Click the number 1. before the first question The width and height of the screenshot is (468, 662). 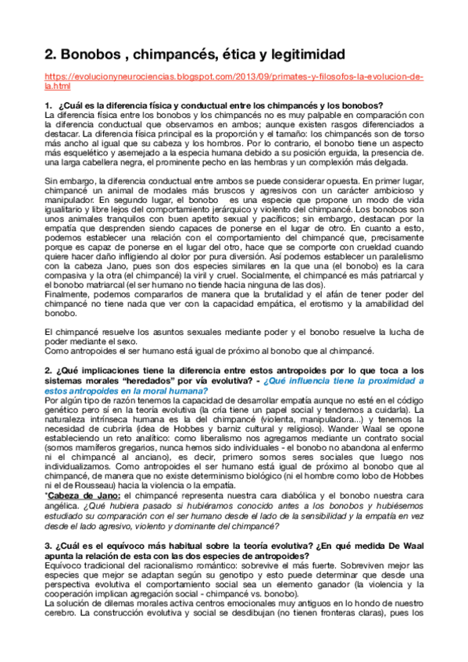click(x=48, y=105)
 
